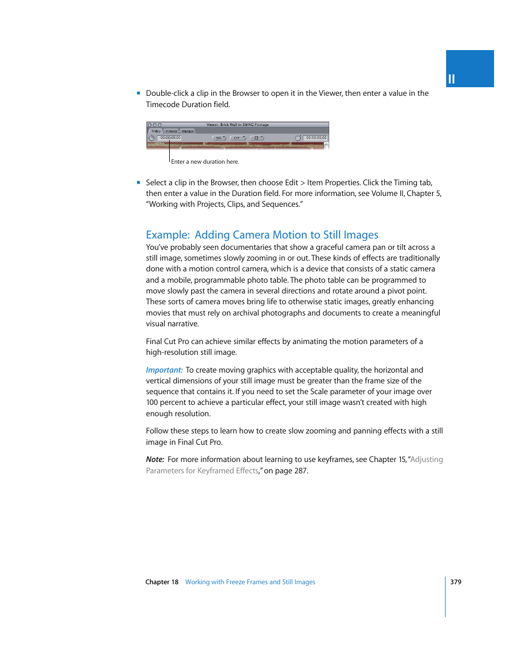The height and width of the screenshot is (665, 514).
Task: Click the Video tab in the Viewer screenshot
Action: point(156,131)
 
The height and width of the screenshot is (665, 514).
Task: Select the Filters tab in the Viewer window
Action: point(171,131)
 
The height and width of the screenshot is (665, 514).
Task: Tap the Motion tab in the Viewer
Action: point(187,131)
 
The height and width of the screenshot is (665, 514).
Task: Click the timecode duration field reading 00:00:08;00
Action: point(170,138)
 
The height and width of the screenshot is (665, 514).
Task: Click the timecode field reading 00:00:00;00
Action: point(316,138)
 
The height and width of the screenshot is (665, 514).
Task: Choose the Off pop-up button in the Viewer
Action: point(238,138)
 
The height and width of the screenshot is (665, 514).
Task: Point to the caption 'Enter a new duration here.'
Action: point(205,162)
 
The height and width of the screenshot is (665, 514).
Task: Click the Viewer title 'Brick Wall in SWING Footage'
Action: point(238,124)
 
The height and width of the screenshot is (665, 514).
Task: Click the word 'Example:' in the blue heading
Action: point(168,235)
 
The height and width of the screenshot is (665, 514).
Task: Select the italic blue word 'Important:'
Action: point(164,370)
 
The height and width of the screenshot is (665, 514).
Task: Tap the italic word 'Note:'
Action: point(155,459)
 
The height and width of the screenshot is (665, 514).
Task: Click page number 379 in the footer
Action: point(456,582)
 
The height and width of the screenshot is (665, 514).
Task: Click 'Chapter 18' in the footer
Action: point(162,582)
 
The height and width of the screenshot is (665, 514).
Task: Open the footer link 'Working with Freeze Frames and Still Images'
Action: point(250,582)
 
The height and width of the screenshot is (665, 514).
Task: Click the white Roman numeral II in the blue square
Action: point(452,79)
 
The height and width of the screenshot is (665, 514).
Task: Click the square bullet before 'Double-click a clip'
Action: point(138,93)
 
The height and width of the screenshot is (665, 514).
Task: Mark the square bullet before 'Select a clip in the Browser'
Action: point(138,183)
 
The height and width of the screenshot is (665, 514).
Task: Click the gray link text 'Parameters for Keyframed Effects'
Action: point(202,471)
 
